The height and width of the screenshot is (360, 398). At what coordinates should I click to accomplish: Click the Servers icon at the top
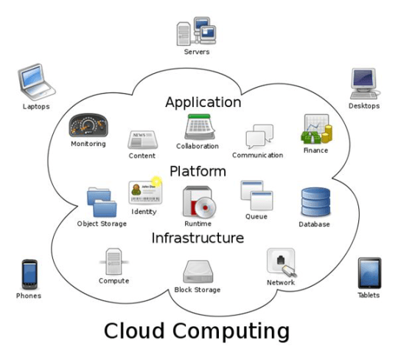(x=197, y=30)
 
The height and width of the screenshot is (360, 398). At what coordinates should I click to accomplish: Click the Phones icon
(x=29, y=274)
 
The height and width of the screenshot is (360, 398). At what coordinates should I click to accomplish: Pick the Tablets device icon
(x=369, y=273)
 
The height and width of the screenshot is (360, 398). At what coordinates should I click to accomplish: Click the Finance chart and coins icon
(x=315, y=131)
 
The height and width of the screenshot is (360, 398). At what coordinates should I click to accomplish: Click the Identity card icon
(x=144, y=192)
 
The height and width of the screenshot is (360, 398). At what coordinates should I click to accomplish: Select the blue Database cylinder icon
(x=315, y=202)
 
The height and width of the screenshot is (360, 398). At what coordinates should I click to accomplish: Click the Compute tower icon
(x=114, y=260)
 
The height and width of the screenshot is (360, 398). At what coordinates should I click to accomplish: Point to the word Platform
(x=198, y=171)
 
